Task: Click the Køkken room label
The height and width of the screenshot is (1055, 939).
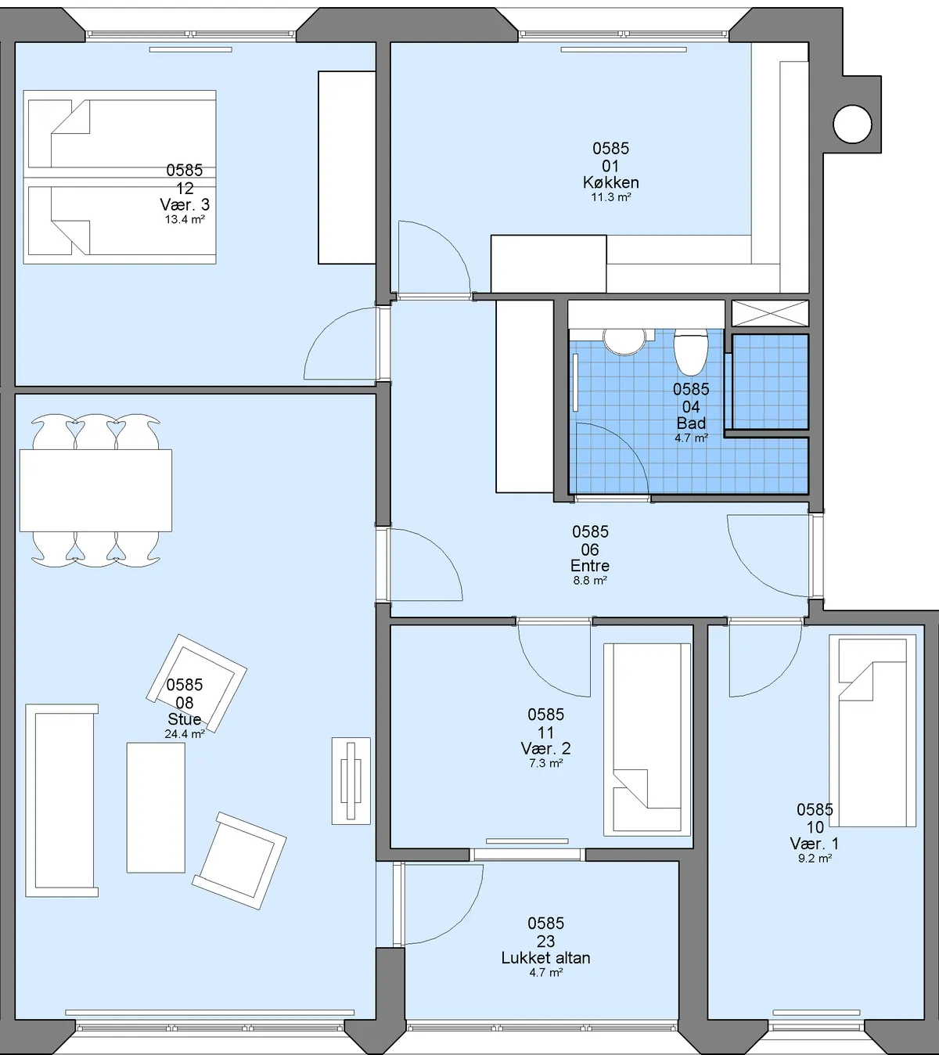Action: click(610, 182)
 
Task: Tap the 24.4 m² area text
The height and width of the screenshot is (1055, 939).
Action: click(185, 734)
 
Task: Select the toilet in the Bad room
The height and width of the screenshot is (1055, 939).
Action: click(691, 351)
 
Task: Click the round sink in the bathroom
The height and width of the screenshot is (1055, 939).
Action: click(624, 341)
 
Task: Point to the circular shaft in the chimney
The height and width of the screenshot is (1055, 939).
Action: click(852, 124)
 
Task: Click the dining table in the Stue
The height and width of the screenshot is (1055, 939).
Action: click(95, 491)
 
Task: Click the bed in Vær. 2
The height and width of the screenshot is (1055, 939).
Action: click(647, 740)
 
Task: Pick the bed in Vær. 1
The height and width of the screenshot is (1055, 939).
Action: click(872, 730)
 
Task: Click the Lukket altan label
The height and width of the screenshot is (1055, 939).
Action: click(546, 958)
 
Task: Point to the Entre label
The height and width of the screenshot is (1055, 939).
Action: click(589, 566)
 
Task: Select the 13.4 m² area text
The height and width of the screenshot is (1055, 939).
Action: click(185, 220)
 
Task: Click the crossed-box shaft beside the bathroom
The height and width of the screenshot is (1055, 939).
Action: click(770, 314)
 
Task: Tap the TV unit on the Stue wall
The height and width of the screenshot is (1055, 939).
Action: click(351, 780)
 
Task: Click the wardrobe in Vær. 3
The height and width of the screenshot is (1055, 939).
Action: click(347, 167)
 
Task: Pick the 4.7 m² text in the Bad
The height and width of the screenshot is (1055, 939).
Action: click(691, 438)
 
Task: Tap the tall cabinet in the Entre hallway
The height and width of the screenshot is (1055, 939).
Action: click(524, 396)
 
